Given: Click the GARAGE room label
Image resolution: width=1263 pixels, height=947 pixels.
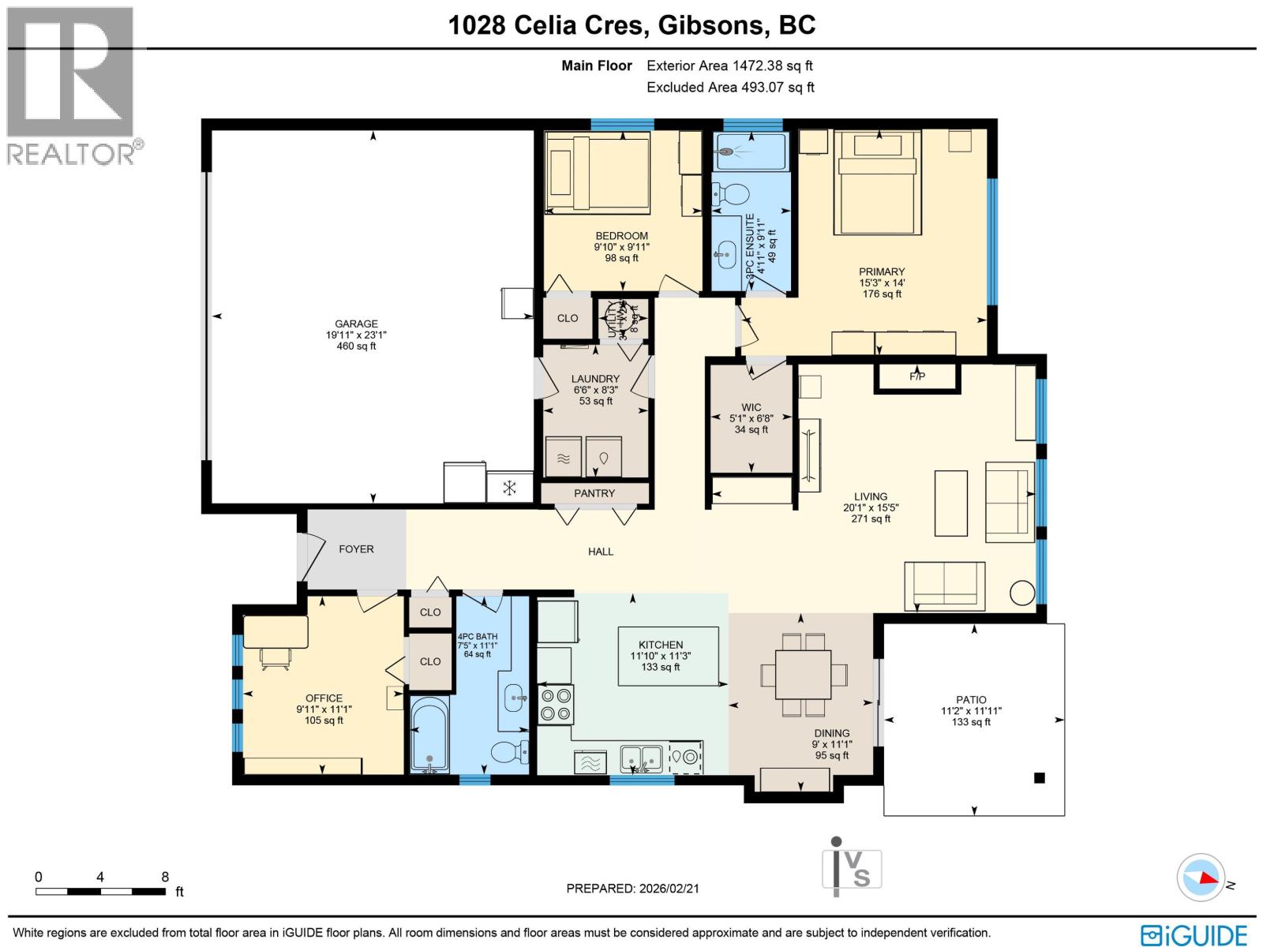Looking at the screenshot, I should (x=356, y=324).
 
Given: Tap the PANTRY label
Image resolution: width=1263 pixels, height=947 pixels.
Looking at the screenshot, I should (x=594, y=493).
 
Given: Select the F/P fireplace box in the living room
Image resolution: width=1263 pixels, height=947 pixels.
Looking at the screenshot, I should (x=917, y=376).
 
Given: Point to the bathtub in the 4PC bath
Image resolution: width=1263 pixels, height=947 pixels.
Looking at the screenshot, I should (x=429, y=734).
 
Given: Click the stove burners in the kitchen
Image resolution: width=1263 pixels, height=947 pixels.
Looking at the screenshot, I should (x=556, y=705).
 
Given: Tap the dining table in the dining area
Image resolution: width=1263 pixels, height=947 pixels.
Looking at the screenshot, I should (x=803, y=674).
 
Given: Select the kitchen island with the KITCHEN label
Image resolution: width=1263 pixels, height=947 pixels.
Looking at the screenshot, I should (x=668, y=656).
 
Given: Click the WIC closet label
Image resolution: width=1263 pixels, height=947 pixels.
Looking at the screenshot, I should (x=751, y=407).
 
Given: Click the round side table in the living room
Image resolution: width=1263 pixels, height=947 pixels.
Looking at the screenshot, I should (x=1022, y=593).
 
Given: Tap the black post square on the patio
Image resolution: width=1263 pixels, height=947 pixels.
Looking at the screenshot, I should (x=1040, y=778).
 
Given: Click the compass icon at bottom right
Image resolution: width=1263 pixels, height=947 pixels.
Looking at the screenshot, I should (x=1201, y=877).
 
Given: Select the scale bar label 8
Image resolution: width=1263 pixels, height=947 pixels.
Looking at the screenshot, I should (x=164, y=876).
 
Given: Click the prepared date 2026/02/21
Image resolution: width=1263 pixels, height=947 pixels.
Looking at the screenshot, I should (x=667, y=888).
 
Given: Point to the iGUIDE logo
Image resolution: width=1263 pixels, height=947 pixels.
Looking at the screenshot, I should (x=1194, y=935).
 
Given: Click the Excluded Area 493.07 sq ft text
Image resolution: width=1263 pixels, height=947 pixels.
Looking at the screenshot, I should (x=730, y=88).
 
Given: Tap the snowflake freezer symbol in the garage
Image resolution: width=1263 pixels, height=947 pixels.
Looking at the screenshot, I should (x=510, y=488).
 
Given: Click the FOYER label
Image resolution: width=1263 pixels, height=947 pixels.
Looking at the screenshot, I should (x=356, y=549).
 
